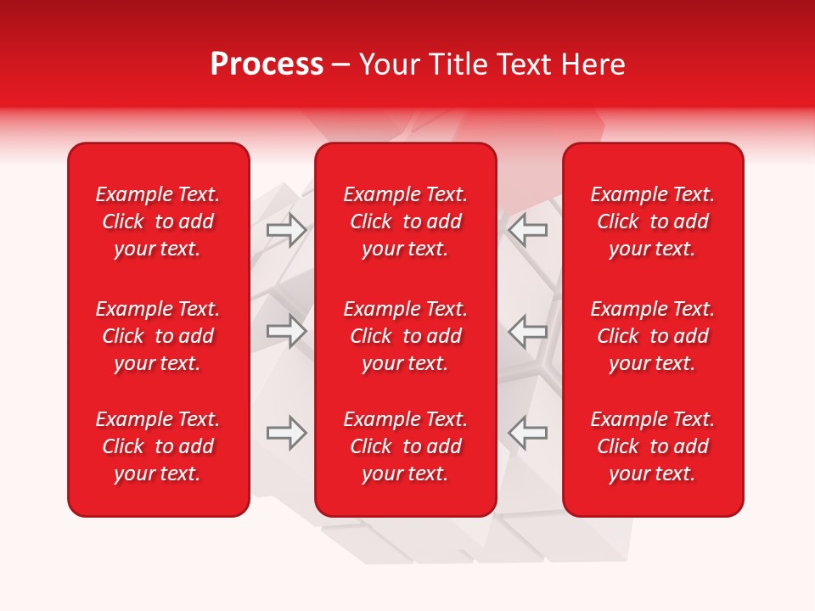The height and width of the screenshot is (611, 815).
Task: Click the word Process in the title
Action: click(x=267, y=64)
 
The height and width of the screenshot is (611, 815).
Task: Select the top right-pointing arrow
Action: click(x=287, y=230)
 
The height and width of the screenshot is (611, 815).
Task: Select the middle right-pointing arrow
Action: click(x=287, y=331)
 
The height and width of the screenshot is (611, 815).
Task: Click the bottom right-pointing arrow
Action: click(x=287, y=433)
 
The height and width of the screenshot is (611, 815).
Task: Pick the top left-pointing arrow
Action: click(x=527, y=229)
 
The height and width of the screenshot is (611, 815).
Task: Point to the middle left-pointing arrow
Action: click(x=527, y=331)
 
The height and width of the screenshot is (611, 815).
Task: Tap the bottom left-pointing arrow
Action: click(x=527, y=433)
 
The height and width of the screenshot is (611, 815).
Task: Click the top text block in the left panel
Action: click(x=158, y=221)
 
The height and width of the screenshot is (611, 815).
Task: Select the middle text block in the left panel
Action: click(x=158, y=336)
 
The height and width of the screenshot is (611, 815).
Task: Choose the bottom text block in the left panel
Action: click(x=158, y=446)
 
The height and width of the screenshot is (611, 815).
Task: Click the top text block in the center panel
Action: click(x=405, y=221)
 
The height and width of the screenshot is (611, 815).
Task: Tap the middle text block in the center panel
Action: click(x=405, y=336)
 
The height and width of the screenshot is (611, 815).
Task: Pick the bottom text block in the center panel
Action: click(x=405, y=446)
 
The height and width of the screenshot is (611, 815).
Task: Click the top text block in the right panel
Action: click(x=652, y=221)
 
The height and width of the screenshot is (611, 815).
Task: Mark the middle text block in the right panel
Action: click(x=652, y=336)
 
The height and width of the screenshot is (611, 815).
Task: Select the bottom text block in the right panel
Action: click(x=652, y=446)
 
